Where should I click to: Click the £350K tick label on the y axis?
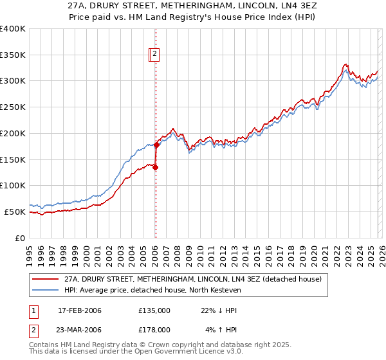(13, 55)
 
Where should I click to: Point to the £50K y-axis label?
(15, 212)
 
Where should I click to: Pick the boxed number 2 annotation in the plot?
(156, 55)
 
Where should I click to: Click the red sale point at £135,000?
(155, 168)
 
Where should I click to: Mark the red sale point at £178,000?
(156, 145)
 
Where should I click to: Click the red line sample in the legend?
(46, 279)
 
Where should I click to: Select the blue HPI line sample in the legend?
(46, 291)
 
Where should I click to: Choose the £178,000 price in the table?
(154, 329)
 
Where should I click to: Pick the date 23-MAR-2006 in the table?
(80, 329)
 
